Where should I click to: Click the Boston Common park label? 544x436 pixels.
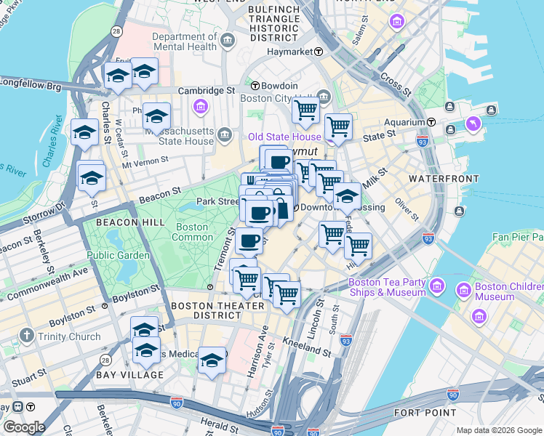click(x=192, y=232)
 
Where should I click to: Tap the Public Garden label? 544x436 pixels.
click(x=119, y=255)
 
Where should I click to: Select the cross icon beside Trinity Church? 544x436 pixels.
click(x=27, y=336)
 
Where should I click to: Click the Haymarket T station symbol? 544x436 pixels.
click(x=319, y=52)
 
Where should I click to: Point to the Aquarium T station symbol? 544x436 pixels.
click(x=431, y=122)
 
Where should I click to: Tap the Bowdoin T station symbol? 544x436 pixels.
click(x=256, y=85)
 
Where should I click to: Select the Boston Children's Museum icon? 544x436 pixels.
click(x=463, y=291)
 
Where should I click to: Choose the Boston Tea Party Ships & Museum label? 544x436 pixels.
click(x=387, y=287)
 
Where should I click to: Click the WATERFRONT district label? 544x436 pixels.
click(x=437, y=178)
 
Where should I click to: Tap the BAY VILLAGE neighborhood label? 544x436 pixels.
click(x=129, y=375)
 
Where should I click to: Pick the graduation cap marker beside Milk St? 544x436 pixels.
click(x=347, y=196)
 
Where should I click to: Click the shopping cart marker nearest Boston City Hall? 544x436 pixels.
click(x=305, y=111)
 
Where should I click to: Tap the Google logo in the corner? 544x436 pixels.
click(x=24, y=427)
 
